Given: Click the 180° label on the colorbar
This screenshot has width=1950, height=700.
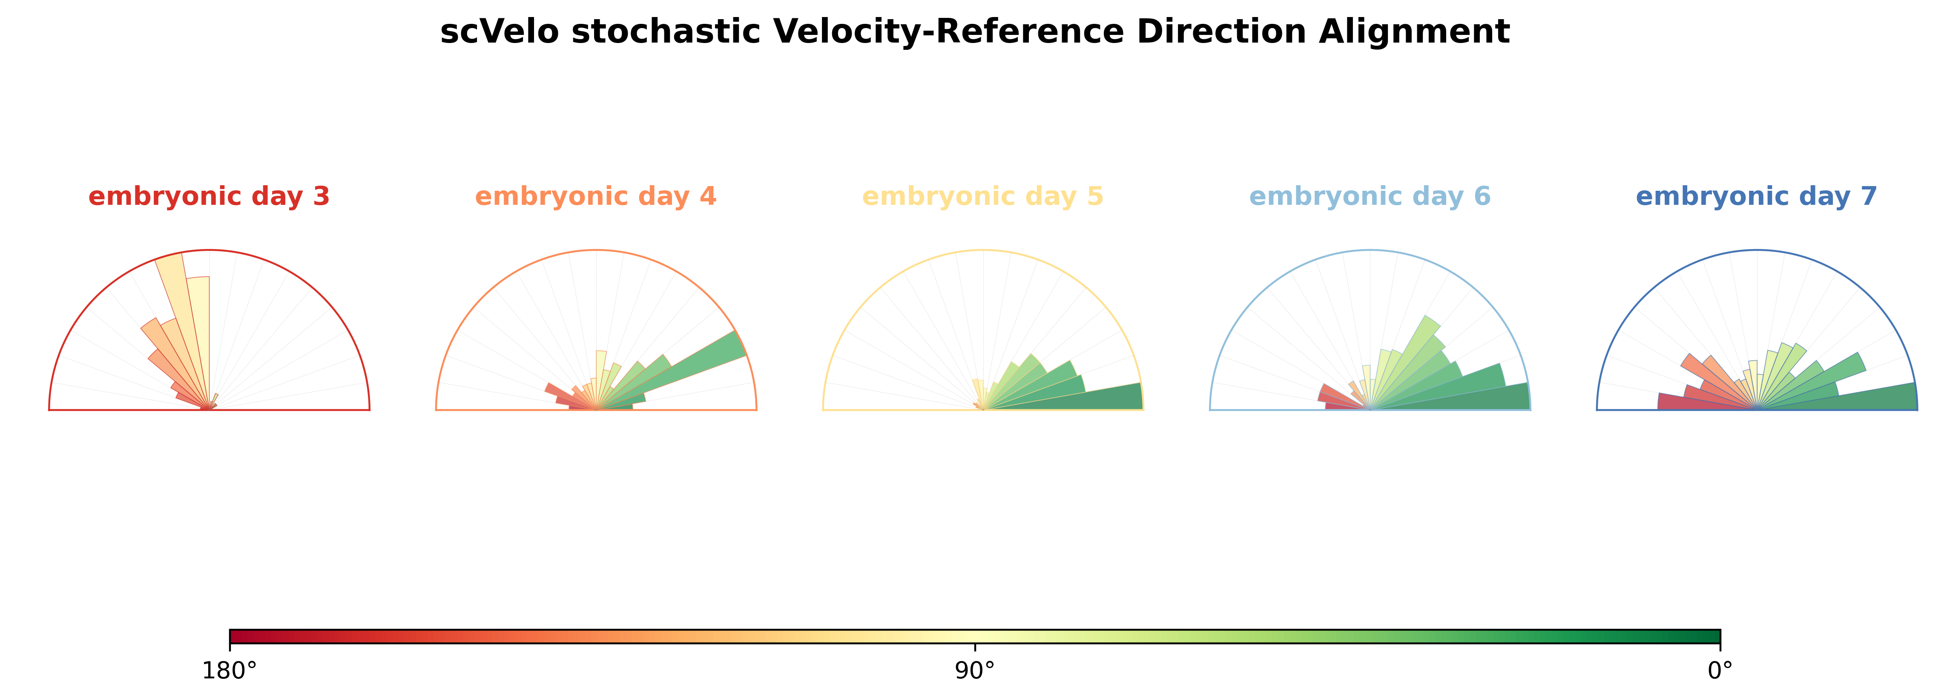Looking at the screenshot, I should point(230,671).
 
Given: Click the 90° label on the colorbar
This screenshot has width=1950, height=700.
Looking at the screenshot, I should point(975,671).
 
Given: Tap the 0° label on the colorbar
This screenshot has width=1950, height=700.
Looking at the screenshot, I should point(1720,671).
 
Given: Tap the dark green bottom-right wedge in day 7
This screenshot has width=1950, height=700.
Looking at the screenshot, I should point(1862,399).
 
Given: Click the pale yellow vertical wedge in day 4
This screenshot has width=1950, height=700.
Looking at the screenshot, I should point(601,371).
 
